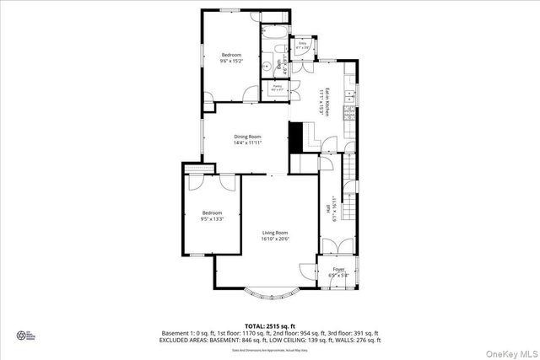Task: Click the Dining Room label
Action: coord(247,137)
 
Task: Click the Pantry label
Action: coord(277,87)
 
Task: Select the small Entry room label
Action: coord(301,44)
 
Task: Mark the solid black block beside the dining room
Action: coord(295,137)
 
